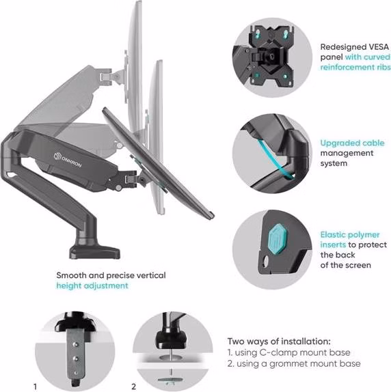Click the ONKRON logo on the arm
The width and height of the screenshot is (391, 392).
pos(68,160)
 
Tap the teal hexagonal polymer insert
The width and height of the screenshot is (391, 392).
pos(277,241)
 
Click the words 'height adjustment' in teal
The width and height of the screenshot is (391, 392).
pos(92,285)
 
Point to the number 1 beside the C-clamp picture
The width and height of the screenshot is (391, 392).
pos(35,387)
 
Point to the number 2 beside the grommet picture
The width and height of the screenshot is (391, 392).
pos(134,387)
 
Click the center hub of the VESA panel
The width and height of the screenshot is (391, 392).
pos(271,57)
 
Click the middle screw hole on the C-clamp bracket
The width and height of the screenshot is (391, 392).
pos(76,359)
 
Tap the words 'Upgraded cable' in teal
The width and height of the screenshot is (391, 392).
pos(352,143)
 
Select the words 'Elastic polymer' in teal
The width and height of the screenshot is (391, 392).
pos(350,235)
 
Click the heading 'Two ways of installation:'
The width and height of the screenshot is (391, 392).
pos(279,341)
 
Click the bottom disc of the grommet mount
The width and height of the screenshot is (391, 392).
pos(170,380)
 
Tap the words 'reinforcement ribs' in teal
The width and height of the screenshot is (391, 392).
pos(355,67)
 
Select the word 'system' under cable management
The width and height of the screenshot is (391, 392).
pos(334,164)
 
